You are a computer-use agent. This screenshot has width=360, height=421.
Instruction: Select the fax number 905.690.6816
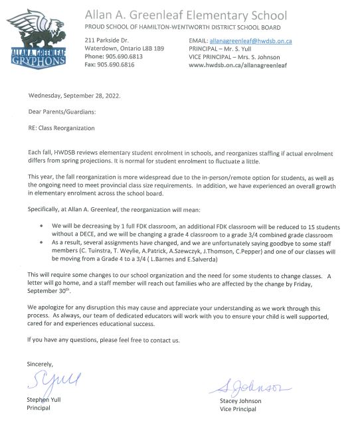(x=118, y=64)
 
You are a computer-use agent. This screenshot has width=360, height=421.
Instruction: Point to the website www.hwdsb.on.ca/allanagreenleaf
(x=236, y=64)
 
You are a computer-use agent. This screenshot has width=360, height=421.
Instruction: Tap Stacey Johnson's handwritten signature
(x=249, y=383)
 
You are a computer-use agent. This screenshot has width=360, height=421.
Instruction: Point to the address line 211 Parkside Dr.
(x=108, y=41)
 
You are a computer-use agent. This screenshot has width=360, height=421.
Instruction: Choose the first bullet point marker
(x=43, y=226)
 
